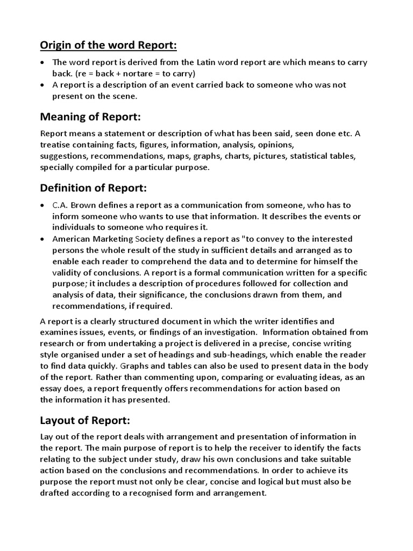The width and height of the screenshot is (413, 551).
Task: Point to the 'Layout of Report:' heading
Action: tap(86, 420)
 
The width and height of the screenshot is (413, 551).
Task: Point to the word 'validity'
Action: tap(68, 272)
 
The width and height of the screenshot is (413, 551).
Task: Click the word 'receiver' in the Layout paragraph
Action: tap(234, 448)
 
